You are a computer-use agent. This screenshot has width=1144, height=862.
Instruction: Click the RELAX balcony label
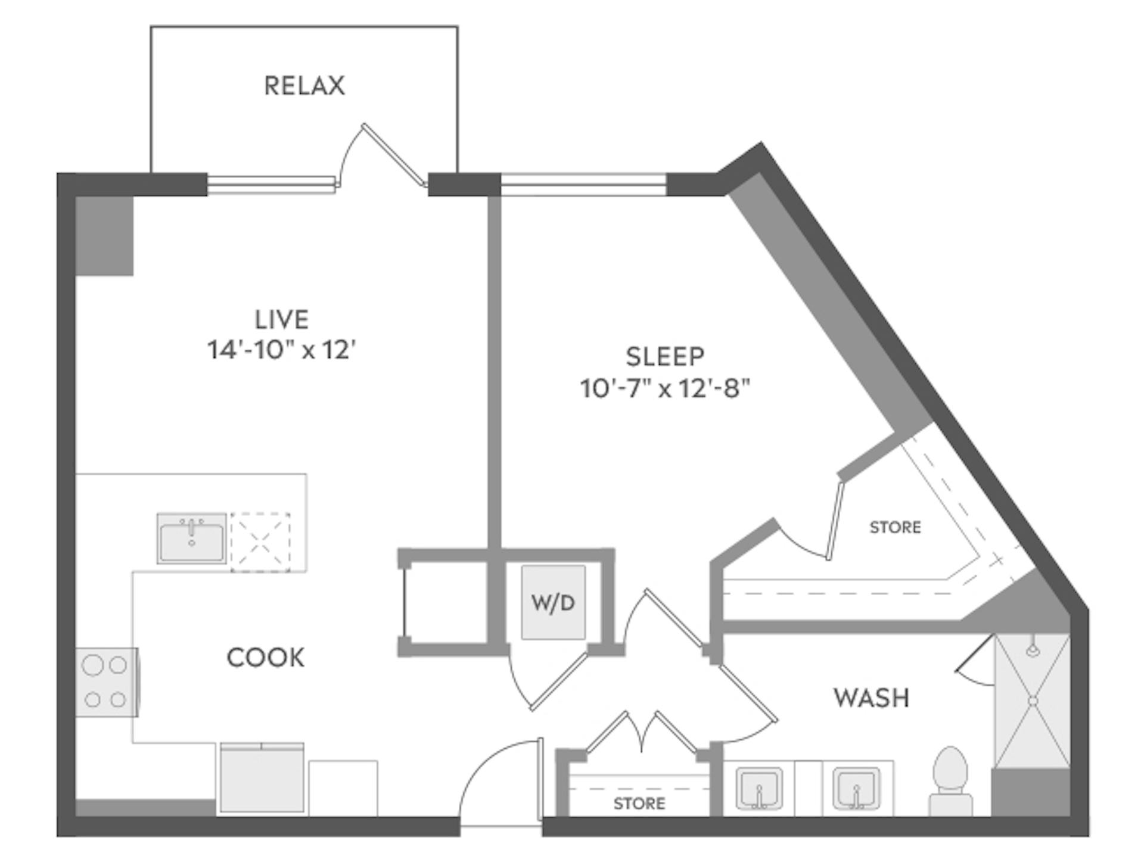coord(304,86)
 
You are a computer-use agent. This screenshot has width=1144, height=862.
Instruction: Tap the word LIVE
coord(282,320)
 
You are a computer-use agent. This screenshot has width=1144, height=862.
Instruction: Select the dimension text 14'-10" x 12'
coord(281,350)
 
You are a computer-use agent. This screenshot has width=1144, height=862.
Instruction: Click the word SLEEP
coord(665,357)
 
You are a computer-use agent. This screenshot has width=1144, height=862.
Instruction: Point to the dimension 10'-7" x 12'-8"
coord(665,389)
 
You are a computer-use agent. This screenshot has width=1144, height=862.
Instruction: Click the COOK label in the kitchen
coord(266,658)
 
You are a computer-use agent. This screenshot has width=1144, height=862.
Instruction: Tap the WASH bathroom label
coord(871,698)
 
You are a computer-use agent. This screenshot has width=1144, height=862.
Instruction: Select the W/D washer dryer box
coord(553,603)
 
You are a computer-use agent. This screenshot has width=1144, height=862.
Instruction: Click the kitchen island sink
coord(191,539)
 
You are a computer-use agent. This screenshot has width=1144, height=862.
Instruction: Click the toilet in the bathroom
coord(950,780)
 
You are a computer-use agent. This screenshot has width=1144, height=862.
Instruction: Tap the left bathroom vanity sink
coord(758,789)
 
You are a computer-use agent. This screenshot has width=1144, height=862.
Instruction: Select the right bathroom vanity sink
coord(856,789)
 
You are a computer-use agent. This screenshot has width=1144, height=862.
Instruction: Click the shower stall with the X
coord(1032,702)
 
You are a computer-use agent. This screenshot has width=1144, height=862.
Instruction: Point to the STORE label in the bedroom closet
coord(895,527)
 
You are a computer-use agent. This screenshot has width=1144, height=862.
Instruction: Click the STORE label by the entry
coord(639,804)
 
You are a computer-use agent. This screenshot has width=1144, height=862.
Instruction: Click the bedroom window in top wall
coord(583,185)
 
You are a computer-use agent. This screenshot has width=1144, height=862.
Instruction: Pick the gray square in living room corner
coord(104,236)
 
